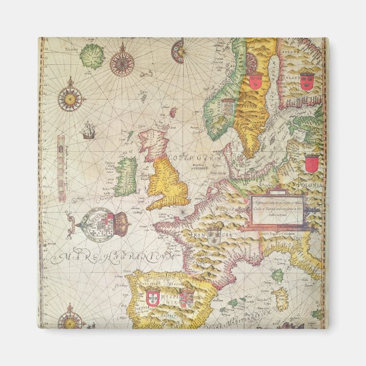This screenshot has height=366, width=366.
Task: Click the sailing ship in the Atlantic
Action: point(88,131)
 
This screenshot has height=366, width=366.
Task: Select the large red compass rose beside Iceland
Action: point(122,60)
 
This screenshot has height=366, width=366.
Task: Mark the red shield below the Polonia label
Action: point(311,165)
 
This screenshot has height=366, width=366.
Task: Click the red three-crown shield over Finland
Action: point(306,80)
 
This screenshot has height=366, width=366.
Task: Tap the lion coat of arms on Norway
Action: point(227,106)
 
